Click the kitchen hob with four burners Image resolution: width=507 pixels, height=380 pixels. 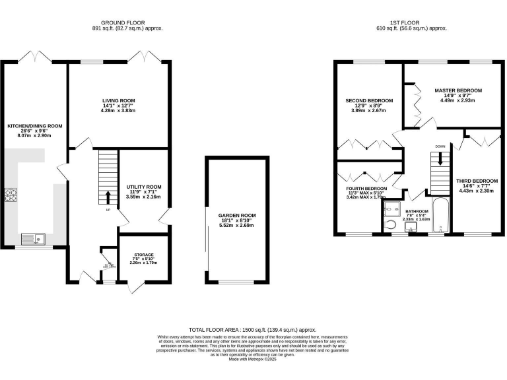pos(11,196)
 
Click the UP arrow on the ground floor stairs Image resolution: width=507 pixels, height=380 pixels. pos(108,197)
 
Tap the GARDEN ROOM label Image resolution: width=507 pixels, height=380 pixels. pos(236,215)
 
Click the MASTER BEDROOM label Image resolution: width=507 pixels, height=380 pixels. pos(457,90)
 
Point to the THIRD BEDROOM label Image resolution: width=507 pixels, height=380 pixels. pos(477,181)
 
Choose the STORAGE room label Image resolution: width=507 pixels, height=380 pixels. pos(143,255)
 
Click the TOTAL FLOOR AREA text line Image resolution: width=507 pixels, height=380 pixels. pos(253,329)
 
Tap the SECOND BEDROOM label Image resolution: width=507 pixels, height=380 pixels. pos(369,101)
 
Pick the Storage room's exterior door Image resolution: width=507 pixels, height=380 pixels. pos(136,286)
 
